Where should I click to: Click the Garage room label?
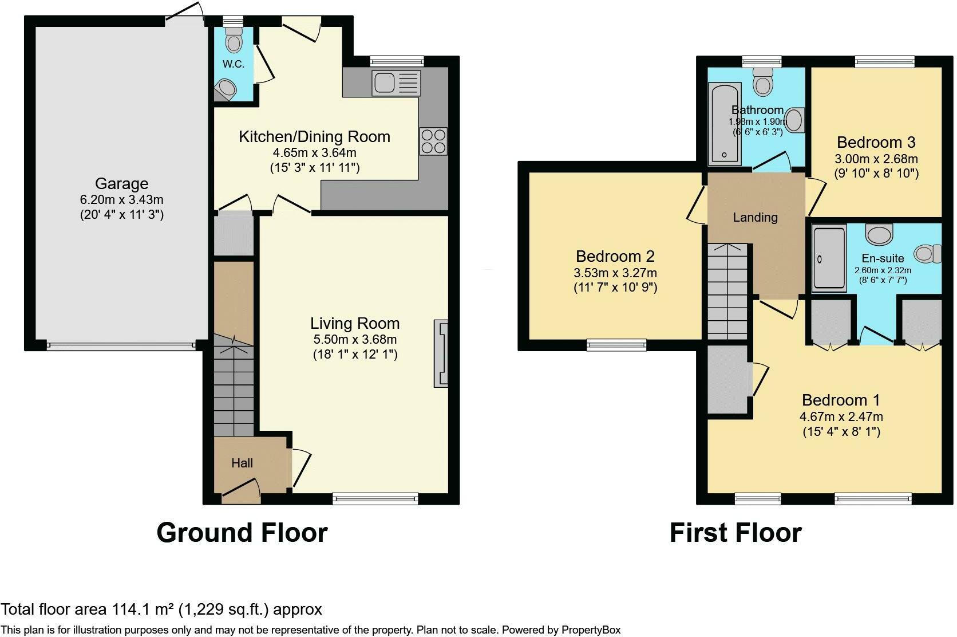(x=122, y=184)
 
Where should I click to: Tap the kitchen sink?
(x=396, y=82)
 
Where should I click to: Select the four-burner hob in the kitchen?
(x=433, y=141)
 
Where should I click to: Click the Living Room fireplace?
(x=441, y=353)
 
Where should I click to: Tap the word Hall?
(x=242, y=463)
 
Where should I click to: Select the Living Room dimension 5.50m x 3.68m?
(x=355, y=340)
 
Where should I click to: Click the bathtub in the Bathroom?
(x=724, y=124)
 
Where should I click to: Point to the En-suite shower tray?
(x=829, y=259)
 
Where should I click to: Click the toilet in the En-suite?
(x=928, y=254)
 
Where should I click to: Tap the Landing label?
(x=755, y=218)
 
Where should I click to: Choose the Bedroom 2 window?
(x=616, y=345)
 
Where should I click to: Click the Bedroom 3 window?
(x=885, y=62)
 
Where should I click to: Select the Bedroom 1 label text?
(x=841, y=400)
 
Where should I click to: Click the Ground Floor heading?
(x=242, y=533)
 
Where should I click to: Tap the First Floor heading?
(x=735, y=533)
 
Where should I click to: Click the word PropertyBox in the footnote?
(x=591, y=630)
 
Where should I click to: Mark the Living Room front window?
(x=375, y=498)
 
